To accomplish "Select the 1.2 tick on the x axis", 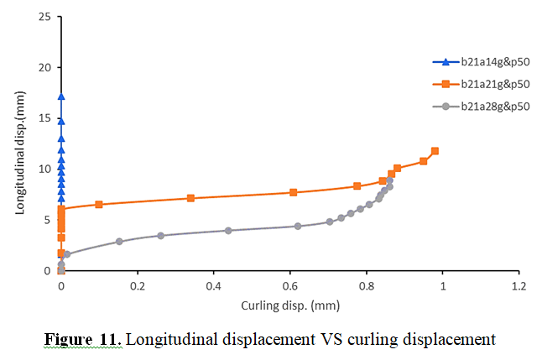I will [519, 286].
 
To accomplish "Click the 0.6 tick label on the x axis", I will [289, 286].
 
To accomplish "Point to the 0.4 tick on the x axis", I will [213, 286].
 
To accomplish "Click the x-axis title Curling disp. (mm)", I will [289, 305].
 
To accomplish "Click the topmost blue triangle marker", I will [61, 97].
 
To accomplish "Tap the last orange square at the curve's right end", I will [435, 151].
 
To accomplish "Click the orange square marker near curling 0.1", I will [99, 205].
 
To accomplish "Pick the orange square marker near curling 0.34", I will [190, 198].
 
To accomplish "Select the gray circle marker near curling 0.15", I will [119, 242].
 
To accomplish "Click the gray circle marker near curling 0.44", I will [228, 230].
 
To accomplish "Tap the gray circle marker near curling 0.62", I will [297, 226].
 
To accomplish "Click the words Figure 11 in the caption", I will [82, 340].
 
